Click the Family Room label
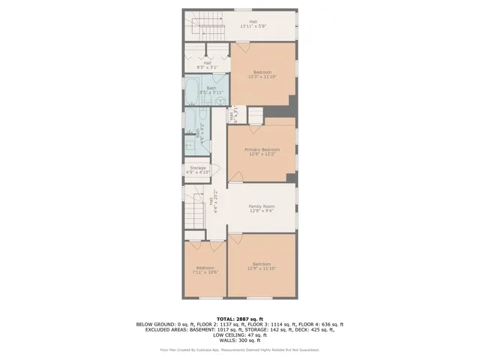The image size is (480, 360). tap(262, 208)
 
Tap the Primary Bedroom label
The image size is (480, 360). tap(262, 152)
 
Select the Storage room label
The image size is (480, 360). tap(197, 170)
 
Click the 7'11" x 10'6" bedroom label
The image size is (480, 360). tap(205, 270)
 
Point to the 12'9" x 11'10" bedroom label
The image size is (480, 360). tap(261, 265)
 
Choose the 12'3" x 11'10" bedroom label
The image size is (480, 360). tap(262, 74)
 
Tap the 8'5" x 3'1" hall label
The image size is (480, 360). tap(207, 65)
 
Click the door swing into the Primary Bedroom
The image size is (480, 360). tap(235, 177)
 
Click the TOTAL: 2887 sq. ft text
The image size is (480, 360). tap(240, 319)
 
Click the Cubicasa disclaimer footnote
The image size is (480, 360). tap(240, 349)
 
